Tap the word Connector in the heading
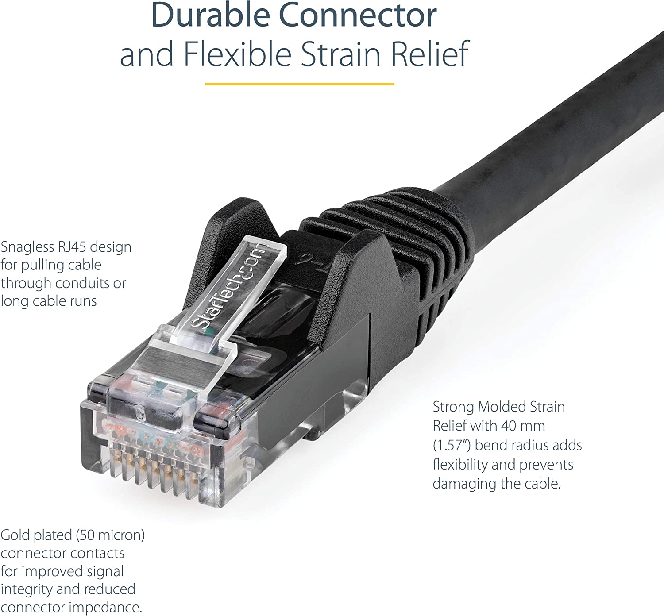pyautogui.click(x=357, y=15)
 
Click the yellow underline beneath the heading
pyautogui.click(x=299, y=84)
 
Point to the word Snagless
pyautogui.click(x=27, y=247)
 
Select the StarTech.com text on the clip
pyautogui.click(x=229, y=286)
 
